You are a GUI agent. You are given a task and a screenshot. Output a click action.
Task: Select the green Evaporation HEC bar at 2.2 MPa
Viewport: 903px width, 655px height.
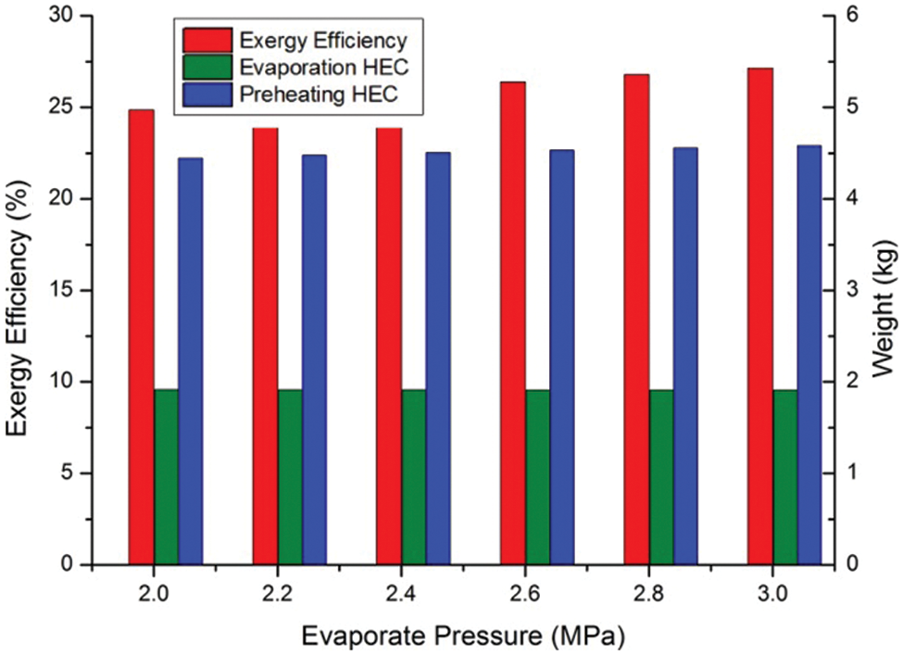[290, 477]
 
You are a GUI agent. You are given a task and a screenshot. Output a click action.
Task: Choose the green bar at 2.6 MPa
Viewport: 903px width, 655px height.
[537, 477]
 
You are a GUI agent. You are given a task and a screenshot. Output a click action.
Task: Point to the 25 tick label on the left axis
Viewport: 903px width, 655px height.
[66, 107]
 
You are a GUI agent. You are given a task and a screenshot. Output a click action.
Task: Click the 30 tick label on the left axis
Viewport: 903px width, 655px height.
[66, 17]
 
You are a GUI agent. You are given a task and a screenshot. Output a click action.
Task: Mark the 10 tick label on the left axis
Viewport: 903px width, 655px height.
[66, 382]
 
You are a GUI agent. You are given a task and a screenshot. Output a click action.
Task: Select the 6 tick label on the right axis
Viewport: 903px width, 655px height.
[850, 17]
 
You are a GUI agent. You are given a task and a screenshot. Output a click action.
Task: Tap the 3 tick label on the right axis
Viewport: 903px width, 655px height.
[850, 290]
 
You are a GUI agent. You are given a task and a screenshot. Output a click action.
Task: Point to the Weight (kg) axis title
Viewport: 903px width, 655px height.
[886, 290]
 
